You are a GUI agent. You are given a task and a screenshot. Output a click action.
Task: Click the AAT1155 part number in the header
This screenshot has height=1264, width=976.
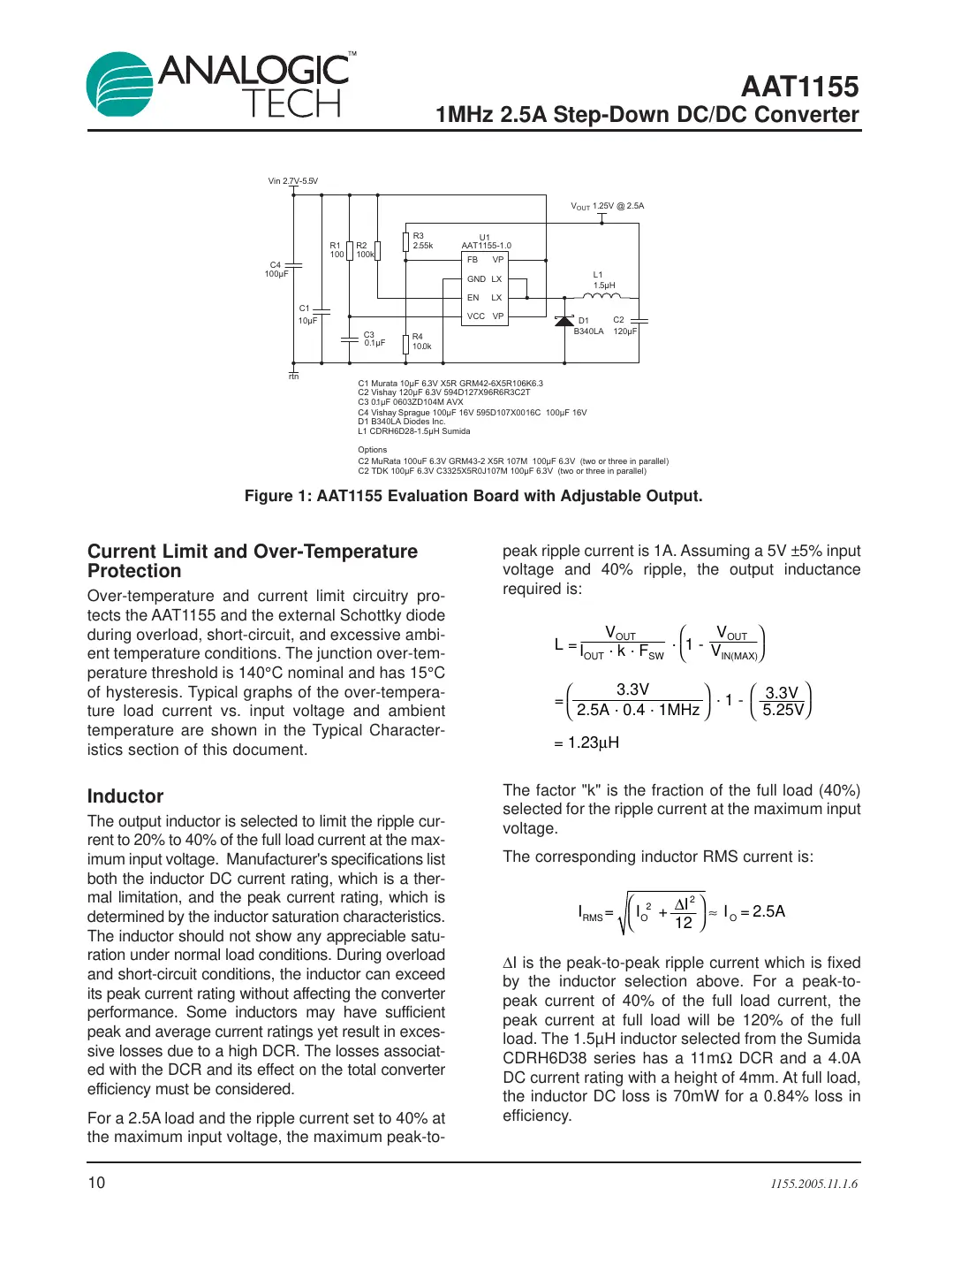click(x=799, y=87)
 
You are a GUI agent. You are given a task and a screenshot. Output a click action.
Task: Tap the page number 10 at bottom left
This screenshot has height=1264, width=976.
click(x=96, y=1183)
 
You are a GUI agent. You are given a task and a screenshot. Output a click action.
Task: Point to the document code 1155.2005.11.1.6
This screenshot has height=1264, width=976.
click(x=813, y=1184)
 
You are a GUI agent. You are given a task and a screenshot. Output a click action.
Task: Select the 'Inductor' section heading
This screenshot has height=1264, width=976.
click(x=125, y=796)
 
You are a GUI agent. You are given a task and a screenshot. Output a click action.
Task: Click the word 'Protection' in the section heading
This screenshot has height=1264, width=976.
click(x=134, y=571)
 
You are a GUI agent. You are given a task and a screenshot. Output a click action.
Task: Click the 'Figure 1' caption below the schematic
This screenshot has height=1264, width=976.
click(x=473, y=496)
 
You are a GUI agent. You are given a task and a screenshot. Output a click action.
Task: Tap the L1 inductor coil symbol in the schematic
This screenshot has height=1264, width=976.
click(x=602, y=297)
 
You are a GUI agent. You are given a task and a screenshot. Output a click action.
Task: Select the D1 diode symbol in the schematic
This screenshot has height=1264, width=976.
click(x=564, y=321)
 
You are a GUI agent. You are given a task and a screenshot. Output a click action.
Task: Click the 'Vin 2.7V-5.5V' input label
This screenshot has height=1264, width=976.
click(x=293, y=181)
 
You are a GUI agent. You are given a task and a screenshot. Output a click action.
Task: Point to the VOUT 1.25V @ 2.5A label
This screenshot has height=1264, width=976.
click(x=608, y=206)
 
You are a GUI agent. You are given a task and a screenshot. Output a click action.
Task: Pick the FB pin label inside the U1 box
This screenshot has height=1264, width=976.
click(x=473, y=260)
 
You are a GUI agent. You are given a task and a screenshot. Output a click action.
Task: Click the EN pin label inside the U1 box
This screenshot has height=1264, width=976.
click(x=473, y=298)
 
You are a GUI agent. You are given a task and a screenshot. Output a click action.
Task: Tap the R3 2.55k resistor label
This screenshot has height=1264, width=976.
click(x=422, y=240)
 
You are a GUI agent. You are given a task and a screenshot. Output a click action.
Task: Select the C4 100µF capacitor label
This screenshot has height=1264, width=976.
click(x=276, y=270)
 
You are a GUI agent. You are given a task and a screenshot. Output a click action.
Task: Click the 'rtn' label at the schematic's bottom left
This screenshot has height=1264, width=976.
click(x=294, y=377)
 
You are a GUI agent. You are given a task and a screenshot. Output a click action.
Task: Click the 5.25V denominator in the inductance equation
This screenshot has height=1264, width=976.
click(x=783, y=710)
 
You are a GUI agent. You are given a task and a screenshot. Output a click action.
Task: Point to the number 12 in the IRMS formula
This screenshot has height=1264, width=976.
click(x=684, y=923)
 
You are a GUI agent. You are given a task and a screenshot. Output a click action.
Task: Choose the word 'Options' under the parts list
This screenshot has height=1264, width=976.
click(x=372, y=450)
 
